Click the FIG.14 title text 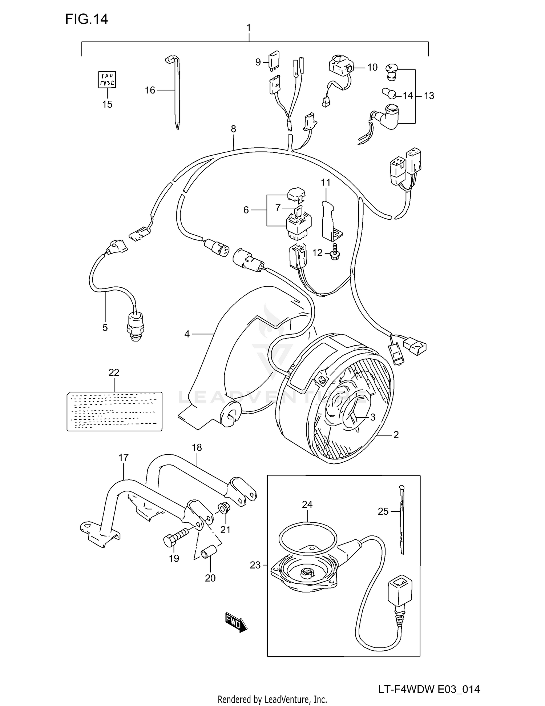coord(86,19)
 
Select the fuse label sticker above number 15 coord(107,79)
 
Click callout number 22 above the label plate coord(114,372)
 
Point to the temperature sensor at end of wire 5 coord(135,324)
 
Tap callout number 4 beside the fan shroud coord(187,334)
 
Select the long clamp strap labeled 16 coord(176,91)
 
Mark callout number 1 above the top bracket coord(249,28)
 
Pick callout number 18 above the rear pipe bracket coord(197,447)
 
